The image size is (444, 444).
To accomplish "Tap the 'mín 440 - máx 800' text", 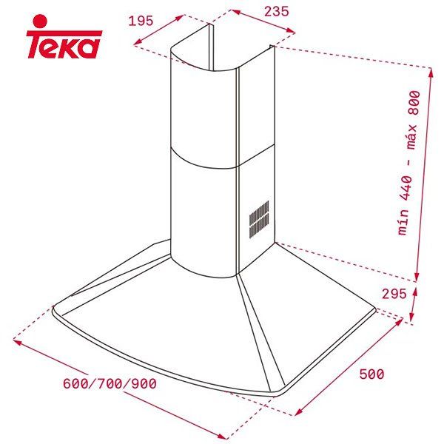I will click(x=408, y=163).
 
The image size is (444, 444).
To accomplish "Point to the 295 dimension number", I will click(x=394, y=294).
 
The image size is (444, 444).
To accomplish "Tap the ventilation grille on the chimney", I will click(x=258, y=219).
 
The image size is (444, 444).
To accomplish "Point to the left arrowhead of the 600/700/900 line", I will click(x=16, y=342).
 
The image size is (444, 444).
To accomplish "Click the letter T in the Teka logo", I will click(x=36, y=47).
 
